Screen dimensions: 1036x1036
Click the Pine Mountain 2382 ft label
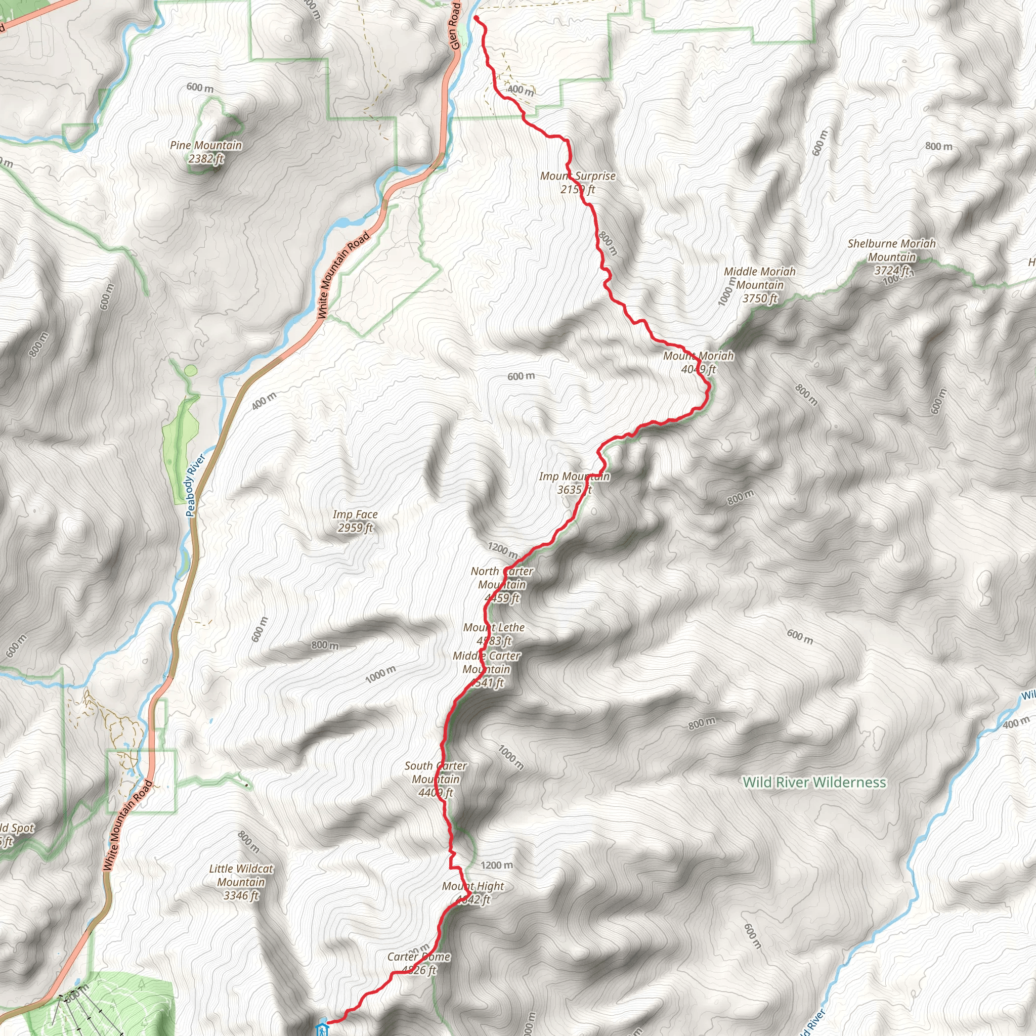(206, 152)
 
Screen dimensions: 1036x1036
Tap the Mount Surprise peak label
(578, 183)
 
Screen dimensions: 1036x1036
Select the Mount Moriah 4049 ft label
(698, 363)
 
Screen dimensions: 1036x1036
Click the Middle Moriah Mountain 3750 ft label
(759, 285)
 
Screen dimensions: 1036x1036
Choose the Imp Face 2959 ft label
(355, 521)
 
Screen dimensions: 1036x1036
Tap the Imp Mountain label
(574, 483)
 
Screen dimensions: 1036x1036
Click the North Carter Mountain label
(502, 584)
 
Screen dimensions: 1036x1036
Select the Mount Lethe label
(494, 634)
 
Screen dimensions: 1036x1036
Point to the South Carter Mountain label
(436, 779)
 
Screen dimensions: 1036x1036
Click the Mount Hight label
(473, 893)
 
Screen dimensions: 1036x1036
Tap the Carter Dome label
(419, 963)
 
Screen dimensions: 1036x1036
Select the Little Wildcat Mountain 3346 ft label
(241, 882)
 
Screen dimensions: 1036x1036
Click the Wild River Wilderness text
(814, 783)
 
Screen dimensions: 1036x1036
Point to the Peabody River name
(195, 485)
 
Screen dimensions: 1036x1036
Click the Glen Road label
(455, 26)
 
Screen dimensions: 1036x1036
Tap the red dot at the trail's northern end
(476, 18)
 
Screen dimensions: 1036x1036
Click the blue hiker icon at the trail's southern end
(322, 1028)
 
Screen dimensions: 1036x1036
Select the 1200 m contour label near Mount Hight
(497, 866)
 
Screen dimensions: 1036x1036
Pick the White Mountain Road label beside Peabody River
(343, 275)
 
